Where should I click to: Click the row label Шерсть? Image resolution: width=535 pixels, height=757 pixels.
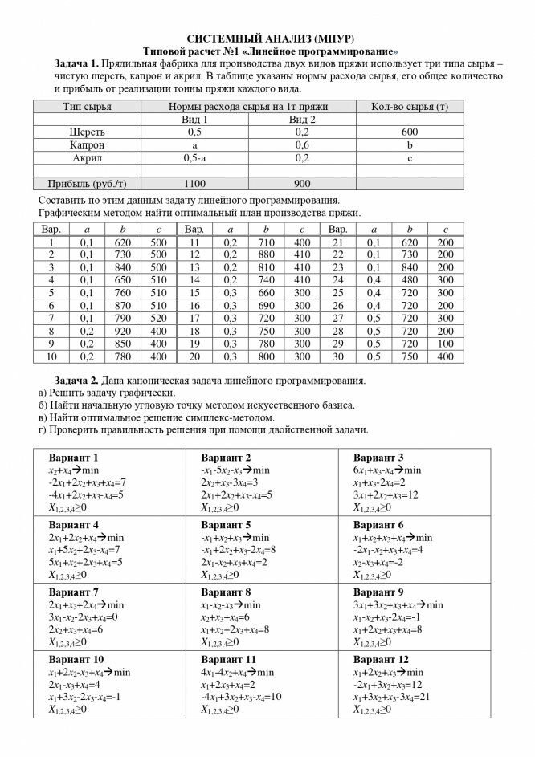[87, 132]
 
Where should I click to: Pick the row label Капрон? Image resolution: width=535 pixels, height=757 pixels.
[87, 144]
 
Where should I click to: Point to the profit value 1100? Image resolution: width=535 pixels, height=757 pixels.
[195, 183]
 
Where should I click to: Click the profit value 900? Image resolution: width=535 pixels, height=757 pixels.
[302, 183]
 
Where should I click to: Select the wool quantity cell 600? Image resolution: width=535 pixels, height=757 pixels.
[410, 132]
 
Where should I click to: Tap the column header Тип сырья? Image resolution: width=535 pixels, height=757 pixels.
[87, 107]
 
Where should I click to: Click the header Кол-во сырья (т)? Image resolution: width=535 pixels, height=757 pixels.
[410, 107]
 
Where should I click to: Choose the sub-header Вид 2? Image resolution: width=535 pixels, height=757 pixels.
[302, 119]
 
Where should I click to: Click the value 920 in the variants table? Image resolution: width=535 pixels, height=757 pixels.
[122, 331]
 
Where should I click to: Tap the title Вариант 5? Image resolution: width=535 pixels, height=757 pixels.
[226, 526]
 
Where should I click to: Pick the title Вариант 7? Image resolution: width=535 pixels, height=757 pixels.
[73, 592]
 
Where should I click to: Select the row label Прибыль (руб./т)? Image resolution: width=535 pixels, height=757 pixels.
[87, 183]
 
